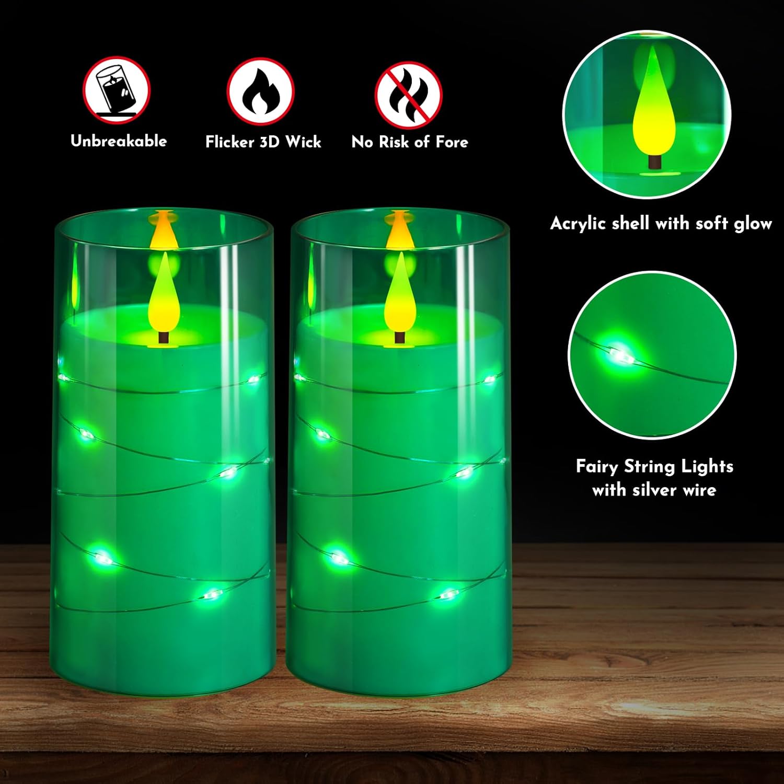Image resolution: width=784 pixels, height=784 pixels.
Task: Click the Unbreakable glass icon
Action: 117,90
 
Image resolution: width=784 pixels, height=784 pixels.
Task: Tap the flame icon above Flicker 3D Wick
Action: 260,91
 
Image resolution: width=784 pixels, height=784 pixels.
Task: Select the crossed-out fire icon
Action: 409,95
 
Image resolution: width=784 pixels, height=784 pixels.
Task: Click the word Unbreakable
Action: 119,141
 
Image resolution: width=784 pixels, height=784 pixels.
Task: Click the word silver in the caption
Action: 653,490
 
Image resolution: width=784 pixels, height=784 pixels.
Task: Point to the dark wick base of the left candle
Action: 164,337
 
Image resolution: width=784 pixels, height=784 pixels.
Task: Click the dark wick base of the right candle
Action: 400,337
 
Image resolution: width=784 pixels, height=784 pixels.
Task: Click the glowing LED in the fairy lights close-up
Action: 619,354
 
